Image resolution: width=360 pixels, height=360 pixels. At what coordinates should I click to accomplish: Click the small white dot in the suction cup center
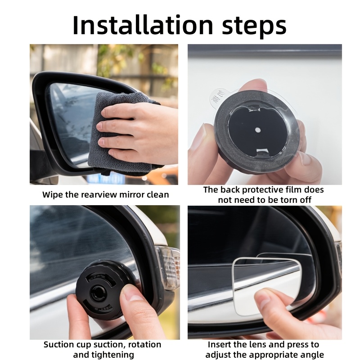click(x=258, y=130)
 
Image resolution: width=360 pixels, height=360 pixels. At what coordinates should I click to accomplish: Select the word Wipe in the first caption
click(x=52, y=195)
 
